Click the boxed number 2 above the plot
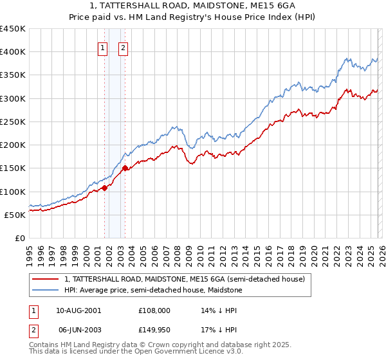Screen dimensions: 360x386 click(124, 47)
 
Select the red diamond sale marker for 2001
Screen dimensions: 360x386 click(104, 188)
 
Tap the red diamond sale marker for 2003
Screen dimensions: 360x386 click(125, 168)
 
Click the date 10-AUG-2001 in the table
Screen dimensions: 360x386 click(78, 310)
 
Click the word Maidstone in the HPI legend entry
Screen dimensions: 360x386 click(223, 291)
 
